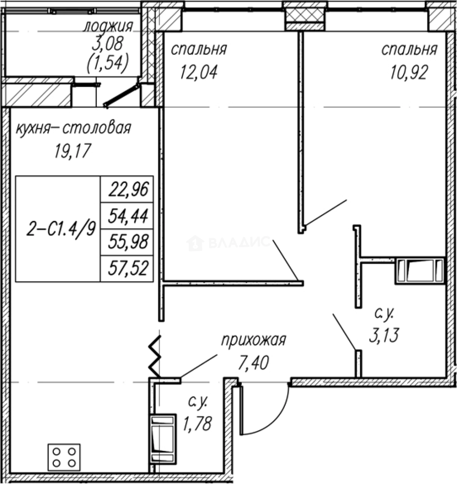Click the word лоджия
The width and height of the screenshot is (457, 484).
click(108, 26)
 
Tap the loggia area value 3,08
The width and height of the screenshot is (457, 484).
click(108, 43)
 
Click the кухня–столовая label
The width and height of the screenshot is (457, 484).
click(74, 128)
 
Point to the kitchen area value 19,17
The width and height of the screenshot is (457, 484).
click(73, 151)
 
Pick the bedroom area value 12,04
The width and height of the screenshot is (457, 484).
click(199, 72)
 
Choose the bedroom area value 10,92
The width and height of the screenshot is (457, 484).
click(409, 73)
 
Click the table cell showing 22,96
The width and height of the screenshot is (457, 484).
click(127, 189)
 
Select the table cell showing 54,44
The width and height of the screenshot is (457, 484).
click(127, 216)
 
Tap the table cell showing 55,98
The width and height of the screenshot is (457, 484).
click(127, 242)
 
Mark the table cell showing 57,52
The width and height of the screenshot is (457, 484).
click(127, 268)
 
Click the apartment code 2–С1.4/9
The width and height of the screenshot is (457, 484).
click(61, 229)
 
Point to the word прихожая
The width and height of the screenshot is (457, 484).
click(254, 341)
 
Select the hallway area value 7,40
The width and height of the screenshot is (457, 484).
click(253, 363)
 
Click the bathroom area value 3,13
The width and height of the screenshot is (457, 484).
click(384, 335)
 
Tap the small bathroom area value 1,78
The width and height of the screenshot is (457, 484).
click(197, 423)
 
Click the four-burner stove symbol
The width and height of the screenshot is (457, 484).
click(64, 458)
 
